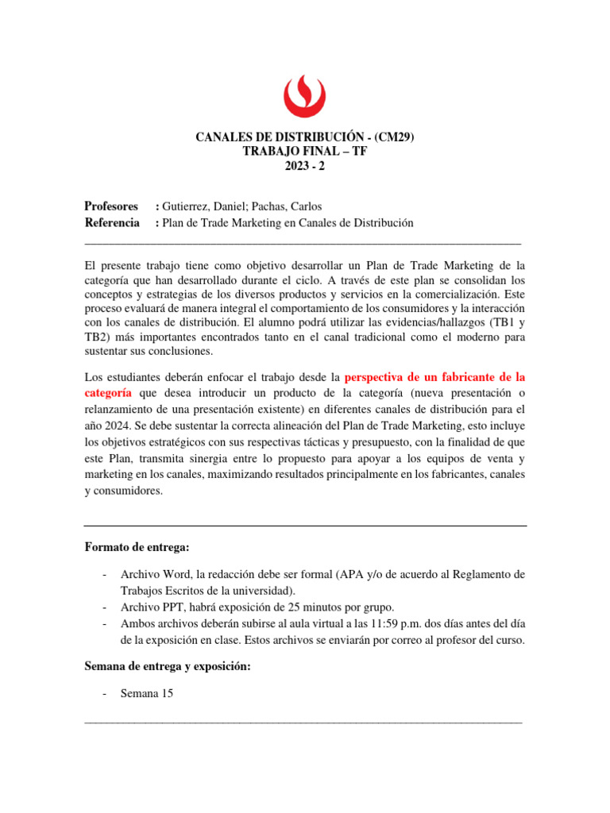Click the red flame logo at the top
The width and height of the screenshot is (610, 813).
(305, 94)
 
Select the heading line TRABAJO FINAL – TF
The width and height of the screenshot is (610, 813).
(305, 152)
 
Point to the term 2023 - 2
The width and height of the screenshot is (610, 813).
(305, 167)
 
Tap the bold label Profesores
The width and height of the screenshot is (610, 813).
(111, 206)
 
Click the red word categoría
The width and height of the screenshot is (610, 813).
(110, 393)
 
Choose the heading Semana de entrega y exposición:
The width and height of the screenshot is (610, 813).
(167, 666)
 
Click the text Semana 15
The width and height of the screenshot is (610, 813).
(146, 693)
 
